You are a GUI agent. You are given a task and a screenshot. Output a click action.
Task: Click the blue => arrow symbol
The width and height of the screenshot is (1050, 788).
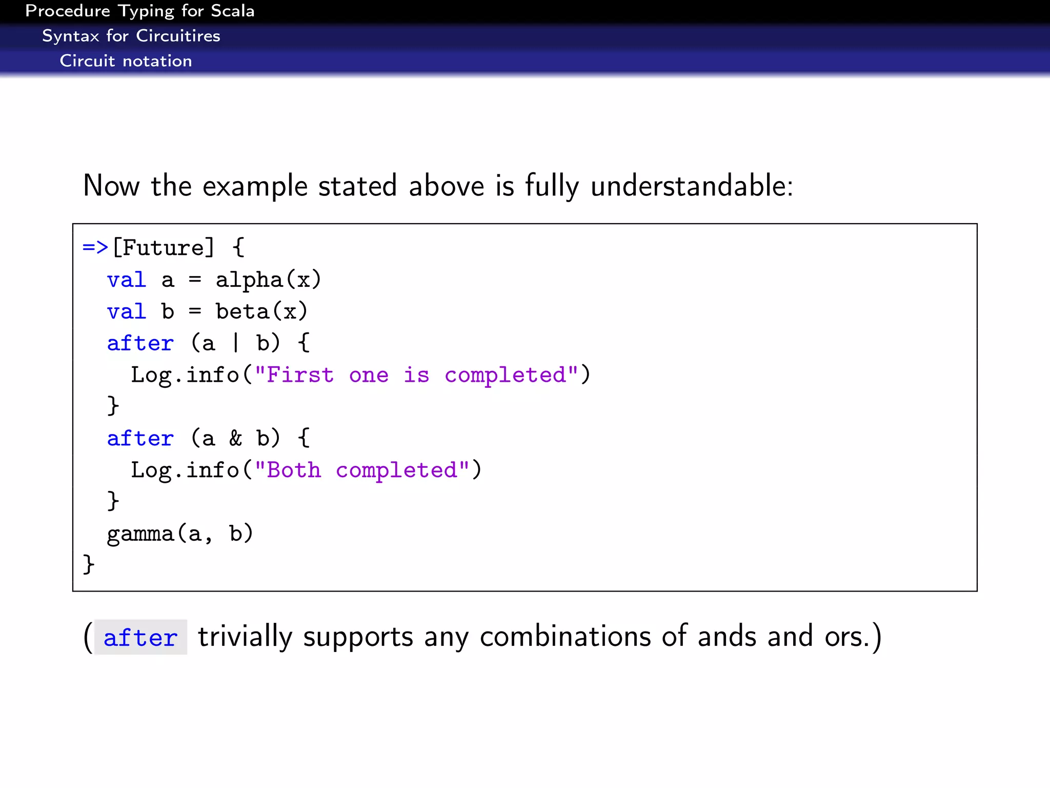95,248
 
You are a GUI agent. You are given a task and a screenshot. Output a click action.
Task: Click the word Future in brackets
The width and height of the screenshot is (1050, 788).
163,248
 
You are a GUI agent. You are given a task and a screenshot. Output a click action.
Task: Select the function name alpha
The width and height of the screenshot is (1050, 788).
249,280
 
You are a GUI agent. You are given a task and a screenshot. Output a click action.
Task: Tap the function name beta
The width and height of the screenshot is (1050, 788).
243,312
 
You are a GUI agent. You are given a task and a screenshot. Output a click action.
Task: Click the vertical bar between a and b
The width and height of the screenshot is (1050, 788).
235,343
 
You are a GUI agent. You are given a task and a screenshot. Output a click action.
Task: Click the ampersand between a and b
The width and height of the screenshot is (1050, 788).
235,439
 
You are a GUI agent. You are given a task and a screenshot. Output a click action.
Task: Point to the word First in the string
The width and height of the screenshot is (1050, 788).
300,375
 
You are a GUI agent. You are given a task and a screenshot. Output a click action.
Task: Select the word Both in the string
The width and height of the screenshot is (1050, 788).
294,470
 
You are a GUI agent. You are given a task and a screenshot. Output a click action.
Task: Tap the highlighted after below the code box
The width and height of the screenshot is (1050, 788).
140,638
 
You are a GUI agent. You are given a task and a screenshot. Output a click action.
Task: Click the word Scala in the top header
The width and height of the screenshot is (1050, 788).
232,11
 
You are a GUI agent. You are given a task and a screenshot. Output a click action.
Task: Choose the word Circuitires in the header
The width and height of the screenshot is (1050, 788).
178,36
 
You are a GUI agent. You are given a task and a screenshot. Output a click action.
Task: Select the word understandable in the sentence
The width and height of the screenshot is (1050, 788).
691,186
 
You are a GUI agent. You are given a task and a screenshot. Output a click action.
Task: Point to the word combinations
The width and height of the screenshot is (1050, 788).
565,637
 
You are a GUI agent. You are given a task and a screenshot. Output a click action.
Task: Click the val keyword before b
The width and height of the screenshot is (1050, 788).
127,312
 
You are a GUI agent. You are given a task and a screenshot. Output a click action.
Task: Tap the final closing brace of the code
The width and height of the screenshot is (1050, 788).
89,564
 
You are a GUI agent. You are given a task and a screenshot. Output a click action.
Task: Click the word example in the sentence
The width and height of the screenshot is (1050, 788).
255,187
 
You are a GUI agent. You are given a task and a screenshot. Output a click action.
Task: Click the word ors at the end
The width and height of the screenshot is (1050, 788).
846,637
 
